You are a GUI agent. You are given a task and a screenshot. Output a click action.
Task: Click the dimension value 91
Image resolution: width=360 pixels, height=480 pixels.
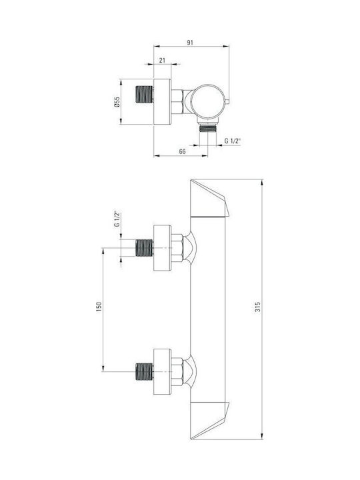coord(190,43)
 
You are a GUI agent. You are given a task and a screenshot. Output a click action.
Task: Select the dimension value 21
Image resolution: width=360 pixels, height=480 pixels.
coord(162,60)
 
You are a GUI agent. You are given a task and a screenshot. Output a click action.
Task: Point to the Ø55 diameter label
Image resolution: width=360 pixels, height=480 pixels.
coord(117,102)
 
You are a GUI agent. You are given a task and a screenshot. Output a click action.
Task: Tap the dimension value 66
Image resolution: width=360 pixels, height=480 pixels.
coord(182,151)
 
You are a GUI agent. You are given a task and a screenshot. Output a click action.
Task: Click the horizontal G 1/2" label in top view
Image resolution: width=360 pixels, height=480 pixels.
coord(233,141)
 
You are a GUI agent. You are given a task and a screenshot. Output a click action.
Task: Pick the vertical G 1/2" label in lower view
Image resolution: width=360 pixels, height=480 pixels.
coord(117,219)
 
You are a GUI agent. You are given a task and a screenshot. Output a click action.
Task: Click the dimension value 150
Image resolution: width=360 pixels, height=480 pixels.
coord(99,307)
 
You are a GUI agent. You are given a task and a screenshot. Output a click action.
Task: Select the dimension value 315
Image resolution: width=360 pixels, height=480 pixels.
coord(258,307)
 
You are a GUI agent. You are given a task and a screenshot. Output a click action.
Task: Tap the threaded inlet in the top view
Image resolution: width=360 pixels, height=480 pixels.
coord(144,94)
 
